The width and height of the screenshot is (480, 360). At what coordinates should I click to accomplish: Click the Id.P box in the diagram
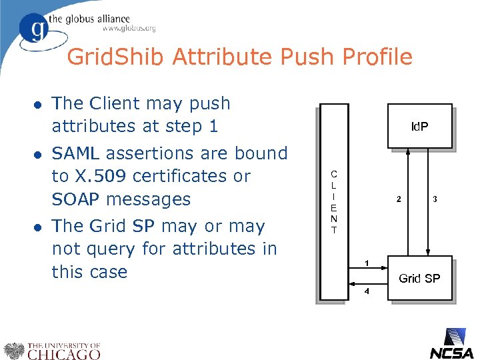(x=419, y=125)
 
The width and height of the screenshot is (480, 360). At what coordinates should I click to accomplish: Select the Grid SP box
(x=419, y=278)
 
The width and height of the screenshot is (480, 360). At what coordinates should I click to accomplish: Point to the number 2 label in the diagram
(x=399, y=199)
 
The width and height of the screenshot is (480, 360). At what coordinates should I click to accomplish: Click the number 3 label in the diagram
(x=435, y=199)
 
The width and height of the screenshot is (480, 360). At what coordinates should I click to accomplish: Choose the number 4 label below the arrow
(x=367, y=291)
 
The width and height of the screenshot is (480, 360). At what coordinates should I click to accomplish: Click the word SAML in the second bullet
(x=75, y=153)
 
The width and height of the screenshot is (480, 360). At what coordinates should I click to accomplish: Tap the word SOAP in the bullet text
(x=75, y=199)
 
